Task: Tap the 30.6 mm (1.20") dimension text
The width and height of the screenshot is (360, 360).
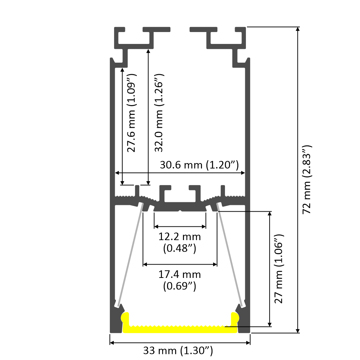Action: [199, 165]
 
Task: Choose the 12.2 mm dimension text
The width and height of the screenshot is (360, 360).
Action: [180, 237]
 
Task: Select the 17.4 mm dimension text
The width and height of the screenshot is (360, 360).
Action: [180, 275]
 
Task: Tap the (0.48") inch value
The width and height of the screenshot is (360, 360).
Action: [180, 248]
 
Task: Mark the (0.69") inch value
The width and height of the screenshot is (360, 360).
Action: [180, 286]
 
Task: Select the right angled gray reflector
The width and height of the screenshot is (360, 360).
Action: [231, 256]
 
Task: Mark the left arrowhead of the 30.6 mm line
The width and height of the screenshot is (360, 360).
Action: [117, 173]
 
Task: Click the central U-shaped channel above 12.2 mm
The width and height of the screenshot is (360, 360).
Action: [180, 196]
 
